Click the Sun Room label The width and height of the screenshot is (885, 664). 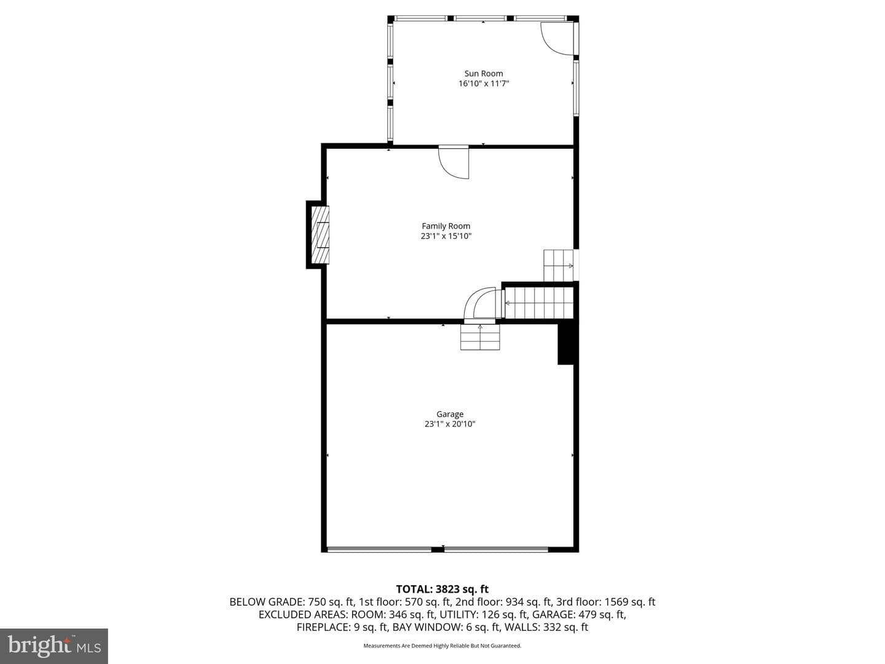click(x=484, y=73)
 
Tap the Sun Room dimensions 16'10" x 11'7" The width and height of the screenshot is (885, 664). click(x=484, y=84)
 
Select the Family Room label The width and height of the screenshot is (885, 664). click(x=446, y=226)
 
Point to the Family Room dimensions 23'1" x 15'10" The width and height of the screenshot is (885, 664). click(x=446, y=236)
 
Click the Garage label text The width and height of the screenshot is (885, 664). click(x=449, y=414)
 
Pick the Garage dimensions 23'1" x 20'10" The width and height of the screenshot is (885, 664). click(x=449, y=424)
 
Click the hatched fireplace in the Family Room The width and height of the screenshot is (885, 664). click(x=321, y=235)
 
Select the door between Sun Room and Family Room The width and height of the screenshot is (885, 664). click(x=454, y=162)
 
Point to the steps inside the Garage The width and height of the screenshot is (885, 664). click(x=480, y=337)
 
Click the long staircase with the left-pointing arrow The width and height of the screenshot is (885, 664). click(x=539, y=302)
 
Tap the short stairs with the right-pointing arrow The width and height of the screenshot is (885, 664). click(x=559, y=265)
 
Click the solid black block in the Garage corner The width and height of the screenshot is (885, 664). click(x=565, y=344)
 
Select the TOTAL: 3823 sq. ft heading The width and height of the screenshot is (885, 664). click(x=442, y=590)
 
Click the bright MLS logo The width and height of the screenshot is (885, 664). click(x=53, y=646)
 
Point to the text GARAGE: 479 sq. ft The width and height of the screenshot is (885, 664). click(x=579, y=614)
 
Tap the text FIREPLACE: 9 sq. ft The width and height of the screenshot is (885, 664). click(x=343, y=627)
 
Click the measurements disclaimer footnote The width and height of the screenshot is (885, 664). click(x=442, y=646)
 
